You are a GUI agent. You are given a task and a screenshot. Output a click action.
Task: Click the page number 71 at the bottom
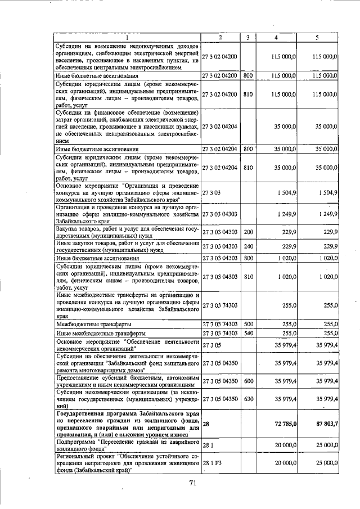click(x=192, y=483)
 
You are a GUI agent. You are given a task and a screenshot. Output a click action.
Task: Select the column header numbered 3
click(x=247, y=37)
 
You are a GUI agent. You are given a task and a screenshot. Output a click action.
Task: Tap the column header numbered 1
click(x=127, y=37)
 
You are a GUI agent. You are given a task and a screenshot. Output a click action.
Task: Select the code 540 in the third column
click(x=248, y=333)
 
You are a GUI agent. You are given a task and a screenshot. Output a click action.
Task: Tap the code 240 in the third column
click(x=248, y=246)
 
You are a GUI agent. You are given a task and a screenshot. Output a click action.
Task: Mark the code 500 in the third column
click(x=248, y=325)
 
